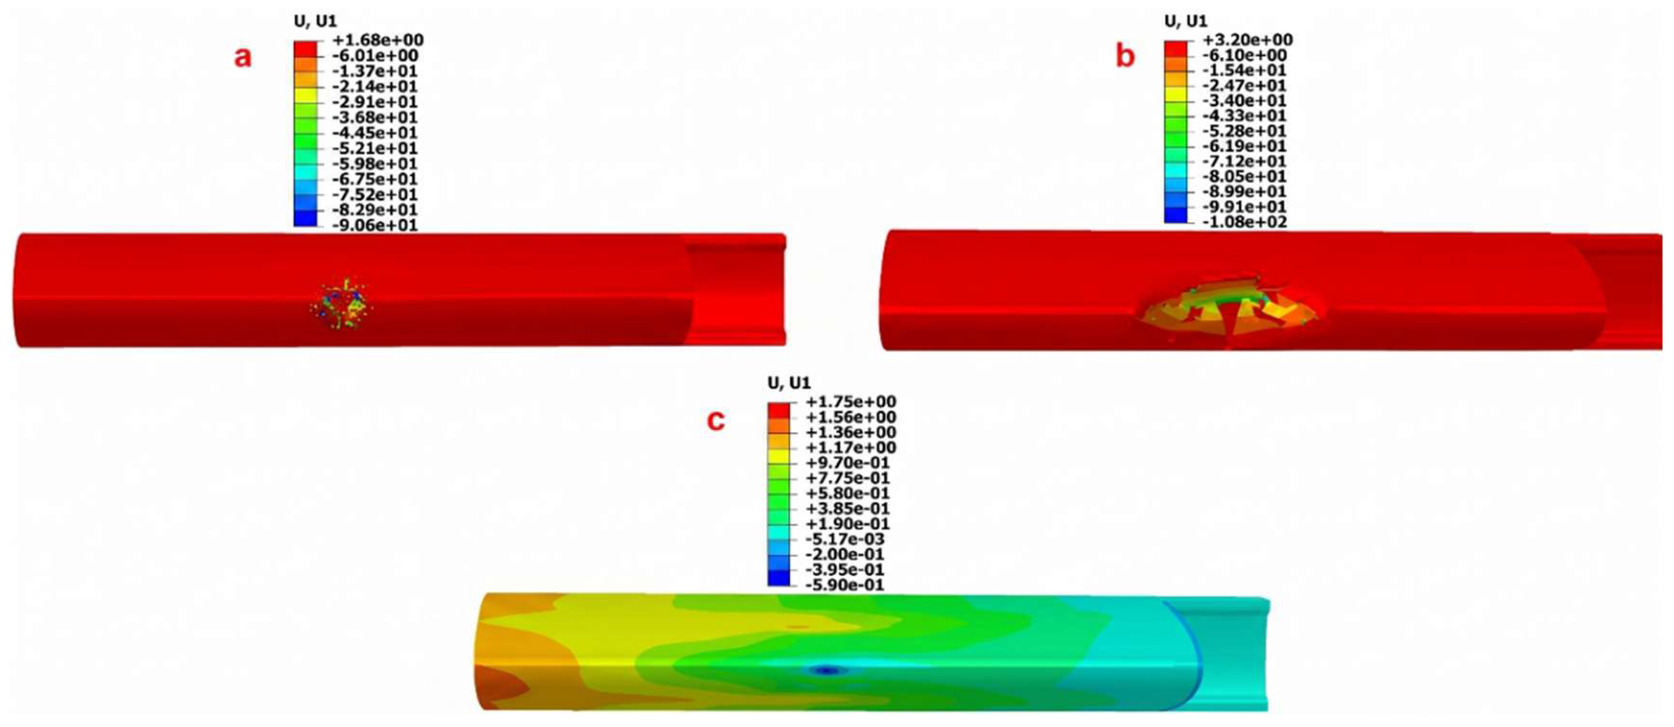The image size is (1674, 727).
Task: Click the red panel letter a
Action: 243,58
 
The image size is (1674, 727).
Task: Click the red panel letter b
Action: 1125,57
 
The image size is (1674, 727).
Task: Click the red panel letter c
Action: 716,421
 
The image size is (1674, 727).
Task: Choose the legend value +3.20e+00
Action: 1246,40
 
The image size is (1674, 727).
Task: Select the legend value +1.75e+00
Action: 850,402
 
